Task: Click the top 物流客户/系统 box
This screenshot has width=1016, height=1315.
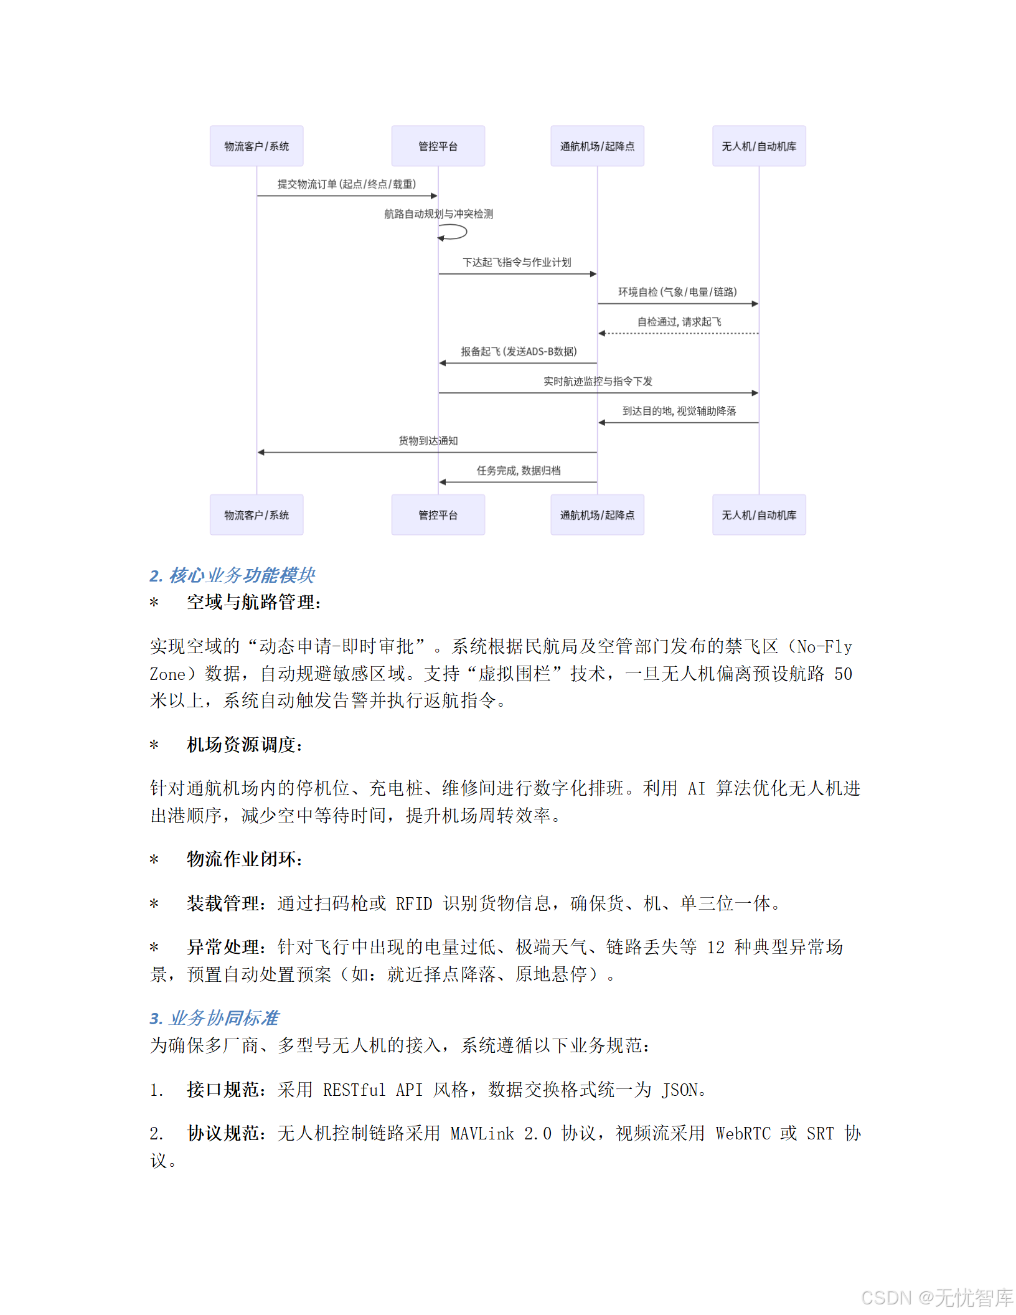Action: (x=256, y=146)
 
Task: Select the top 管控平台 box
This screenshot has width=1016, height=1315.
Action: (x=438, y=146)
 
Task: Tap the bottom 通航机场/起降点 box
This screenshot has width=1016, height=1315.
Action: (x=597, y=515)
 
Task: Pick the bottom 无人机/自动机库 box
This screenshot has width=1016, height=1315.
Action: (x=759, y=515)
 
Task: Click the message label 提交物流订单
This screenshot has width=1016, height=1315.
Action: (x=346, y=184)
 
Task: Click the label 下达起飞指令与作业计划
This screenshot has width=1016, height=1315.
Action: (x=517, y=263)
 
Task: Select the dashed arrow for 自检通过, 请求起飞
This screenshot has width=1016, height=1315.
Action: (x=679, y=334)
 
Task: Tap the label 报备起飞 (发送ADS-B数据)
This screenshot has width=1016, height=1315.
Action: (x=519, y=352)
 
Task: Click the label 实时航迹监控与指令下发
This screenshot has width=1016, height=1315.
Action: (x=598, y=382)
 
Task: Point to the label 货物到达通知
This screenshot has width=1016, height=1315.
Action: (x=428, y=441)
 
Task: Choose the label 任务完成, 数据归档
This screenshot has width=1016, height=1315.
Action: (x=519, y=471)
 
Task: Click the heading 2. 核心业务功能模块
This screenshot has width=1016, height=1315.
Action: (x=232, y=575)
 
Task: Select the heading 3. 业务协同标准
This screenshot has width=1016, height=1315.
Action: (x=214, y=1018)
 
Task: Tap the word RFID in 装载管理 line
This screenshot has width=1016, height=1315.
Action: (x=414, y=903)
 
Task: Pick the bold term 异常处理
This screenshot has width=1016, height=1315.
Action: (x=223, y=947)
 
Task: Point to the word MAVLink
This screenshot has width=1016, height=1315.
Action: (x=482, y=1134)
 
